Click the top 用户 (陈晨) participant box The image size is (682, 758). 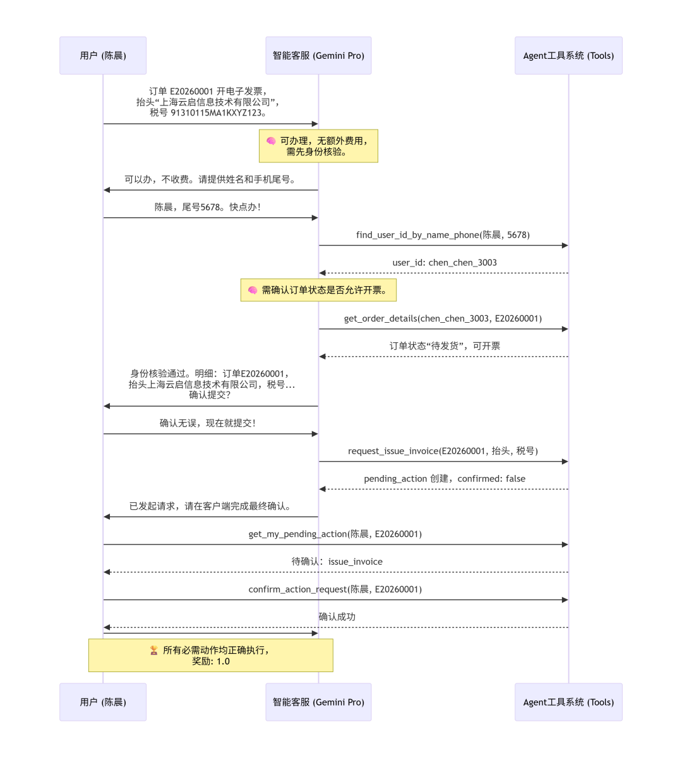coord(103,56)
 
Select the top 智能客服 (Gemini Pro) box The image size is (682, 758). coord(318,56)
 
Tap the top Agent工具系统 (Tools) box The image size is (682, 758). coord(568,56)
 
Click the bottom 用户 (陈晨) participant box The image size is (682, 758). coord(103,702)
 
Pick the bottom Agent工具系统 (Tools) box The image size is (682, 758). coord(568,702)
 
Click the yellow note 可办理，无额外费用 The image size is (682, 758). coord(318,146)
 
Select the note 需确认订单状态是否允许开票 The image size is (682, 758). coord(318,290)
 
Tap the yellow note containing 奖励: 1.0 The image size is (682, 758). coord(210,656)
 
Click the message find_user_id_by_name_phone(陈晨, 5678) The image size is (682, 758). coord(443,235)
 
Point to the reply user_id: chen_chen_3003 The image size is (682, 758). coord(445,263)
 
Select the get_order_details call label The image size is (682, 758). coord(443,318)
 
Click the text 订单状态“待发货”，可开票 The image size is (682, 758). coord(445,346)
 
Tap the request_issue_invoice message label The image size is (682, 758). coord(443,451)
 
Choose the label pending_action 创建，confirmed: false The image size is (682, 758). coord(445,479)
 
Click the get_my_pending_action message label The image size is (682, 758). coord(335,534)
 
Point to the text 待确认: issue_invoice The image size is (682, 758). coord(337,562)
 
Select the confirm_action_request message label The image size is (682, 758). coord(335,589)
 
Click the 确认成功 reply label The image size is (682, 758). coord(337,617)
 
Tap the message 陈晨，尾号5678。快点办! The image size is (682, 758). coord(208,207)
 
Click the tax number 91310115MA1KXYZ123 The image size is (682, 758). coord(217,113)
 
